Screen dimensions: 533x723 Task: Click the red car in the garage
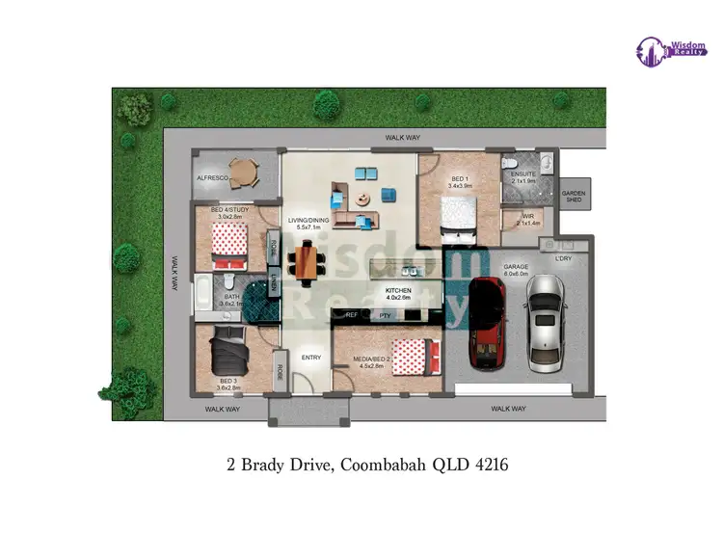[x=488, y=324]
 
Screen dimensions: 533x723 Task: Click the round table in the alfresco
[x=245, y=173]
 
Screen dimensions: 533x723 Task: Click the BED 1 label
[x=459, y=178]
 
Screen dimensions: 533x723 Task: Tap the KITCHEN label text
[x=399, y=290]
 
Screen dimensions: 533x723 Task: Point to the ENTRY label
[x=310, y=358]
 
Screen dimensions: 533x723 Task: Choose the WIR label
[x=527, y=217]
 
